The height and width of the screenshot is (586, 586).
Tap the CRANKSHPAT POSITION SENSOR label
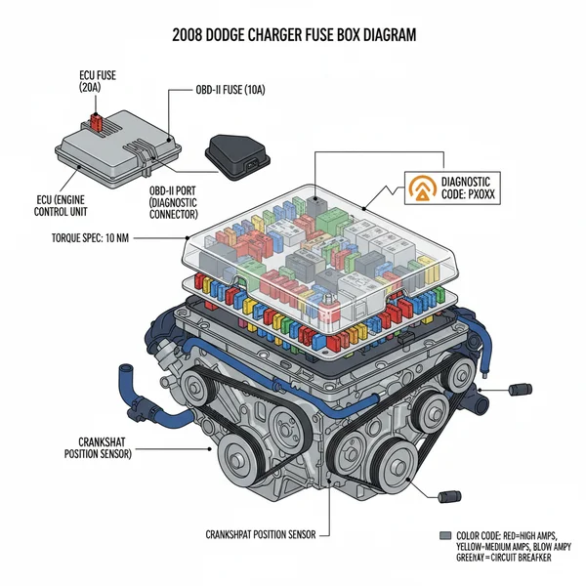point(265,535)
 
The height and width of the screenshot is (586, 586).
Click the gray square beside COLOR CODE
point(445,536)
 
